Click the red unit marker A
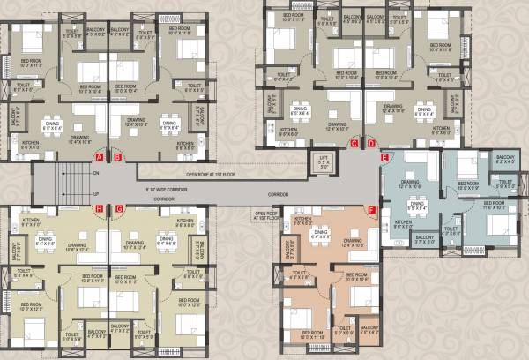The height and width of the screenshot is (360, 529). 100,157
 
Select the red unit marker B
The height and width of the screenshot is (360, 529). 116,157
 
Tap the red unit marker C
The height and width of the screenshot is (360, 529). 354,143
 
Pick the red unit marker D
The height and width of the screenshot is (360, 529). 371,143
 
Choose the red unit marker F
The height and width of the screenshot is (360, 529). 371,210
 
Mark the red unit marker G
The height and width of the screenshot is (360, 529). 118,208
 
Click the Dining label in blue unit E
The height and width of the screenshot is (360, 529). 418,203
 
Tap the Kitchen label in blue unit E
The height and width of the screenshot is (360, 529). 404,222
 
